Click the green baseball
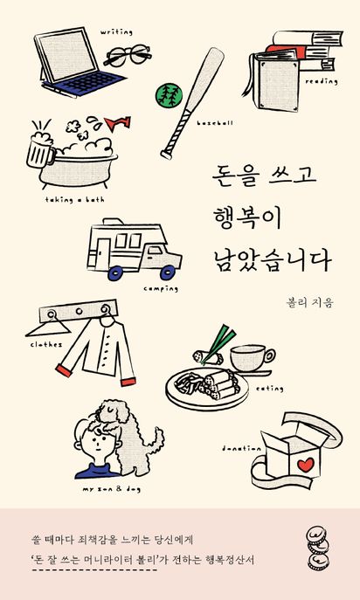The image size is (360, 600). [x=169, y=95]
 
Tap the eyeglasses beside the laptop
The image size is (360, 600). [x=128, y=56]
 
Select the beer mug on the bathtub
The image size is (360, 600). [x=40, y=149]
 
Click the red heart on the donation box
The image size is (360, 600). [x=306, y=465]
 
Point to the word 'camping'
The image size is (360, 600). [x=161, y=289]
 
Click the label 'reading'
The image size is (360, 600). [x=322, y=81]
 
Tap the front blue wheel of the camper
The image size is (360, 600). [x=168, y=272]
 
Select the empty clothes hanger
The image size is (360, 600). [x=49, y=328]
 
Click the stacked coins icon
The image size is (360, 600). [x=318, y=548]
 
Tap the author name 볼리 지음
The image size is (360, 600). [x=310, y=303]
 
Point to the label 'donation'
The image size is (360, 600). [x=242, y=448]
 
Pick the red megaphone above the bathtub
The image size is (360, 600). [x=118, y=123]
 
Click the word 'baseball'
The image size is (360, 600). [x=215, y=123]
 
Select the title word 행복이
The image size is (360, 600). [x=248, y=219]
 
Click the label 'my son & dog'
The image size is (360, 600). [x=111, y=489]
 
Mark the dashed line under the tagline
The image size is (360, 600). [x=93, y=569]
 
